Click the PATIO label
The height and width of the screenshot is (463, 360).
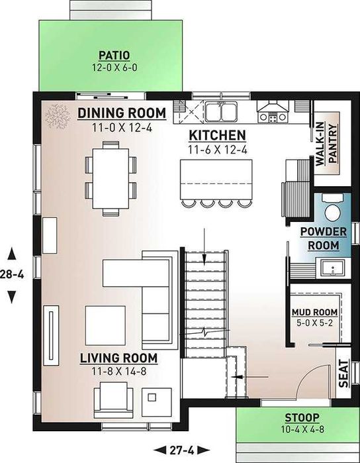[x=114, y=55]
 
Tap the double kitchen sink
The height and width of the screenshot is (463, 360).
[x=221, y=111]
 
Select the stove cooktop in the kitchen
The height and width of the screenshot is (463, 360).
[x=273, y=117]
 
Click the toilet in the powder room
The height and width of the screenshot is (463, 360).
[x=332, y=207]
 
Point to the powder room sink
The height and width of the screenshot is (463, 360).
[x=333, y=268]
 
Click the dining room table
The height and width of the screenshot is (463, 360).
[x=111, y=179]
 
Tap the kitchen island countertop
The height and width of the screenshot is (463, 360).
[x=216, y=180]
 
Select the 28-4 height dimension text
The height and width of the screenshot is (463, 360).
[x=12, y=275]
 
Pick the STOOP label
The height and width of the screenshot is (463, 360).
[x=302, y=418]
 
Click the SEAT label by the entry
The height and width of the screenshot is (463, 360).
[x=343, y=373]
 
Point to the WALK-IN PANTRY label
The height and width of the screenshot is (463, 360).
[x=326, y=144]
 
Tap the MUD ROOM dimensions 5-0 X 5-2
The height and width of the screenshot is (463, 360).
[x=314, y=323]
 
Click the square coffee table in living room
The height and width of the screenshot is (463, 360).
[x=105, y=325]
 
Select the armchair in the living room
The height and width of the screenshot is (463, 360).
[x=113, y=400]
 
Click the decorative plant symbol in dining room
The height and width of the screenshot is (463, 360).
[x=58, y=116]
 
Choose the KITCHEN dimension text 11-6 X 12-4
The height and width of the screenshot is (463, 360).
[x=218, y=150]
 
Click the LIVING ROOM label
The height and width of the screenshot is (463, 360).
[x=118, y=358]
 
